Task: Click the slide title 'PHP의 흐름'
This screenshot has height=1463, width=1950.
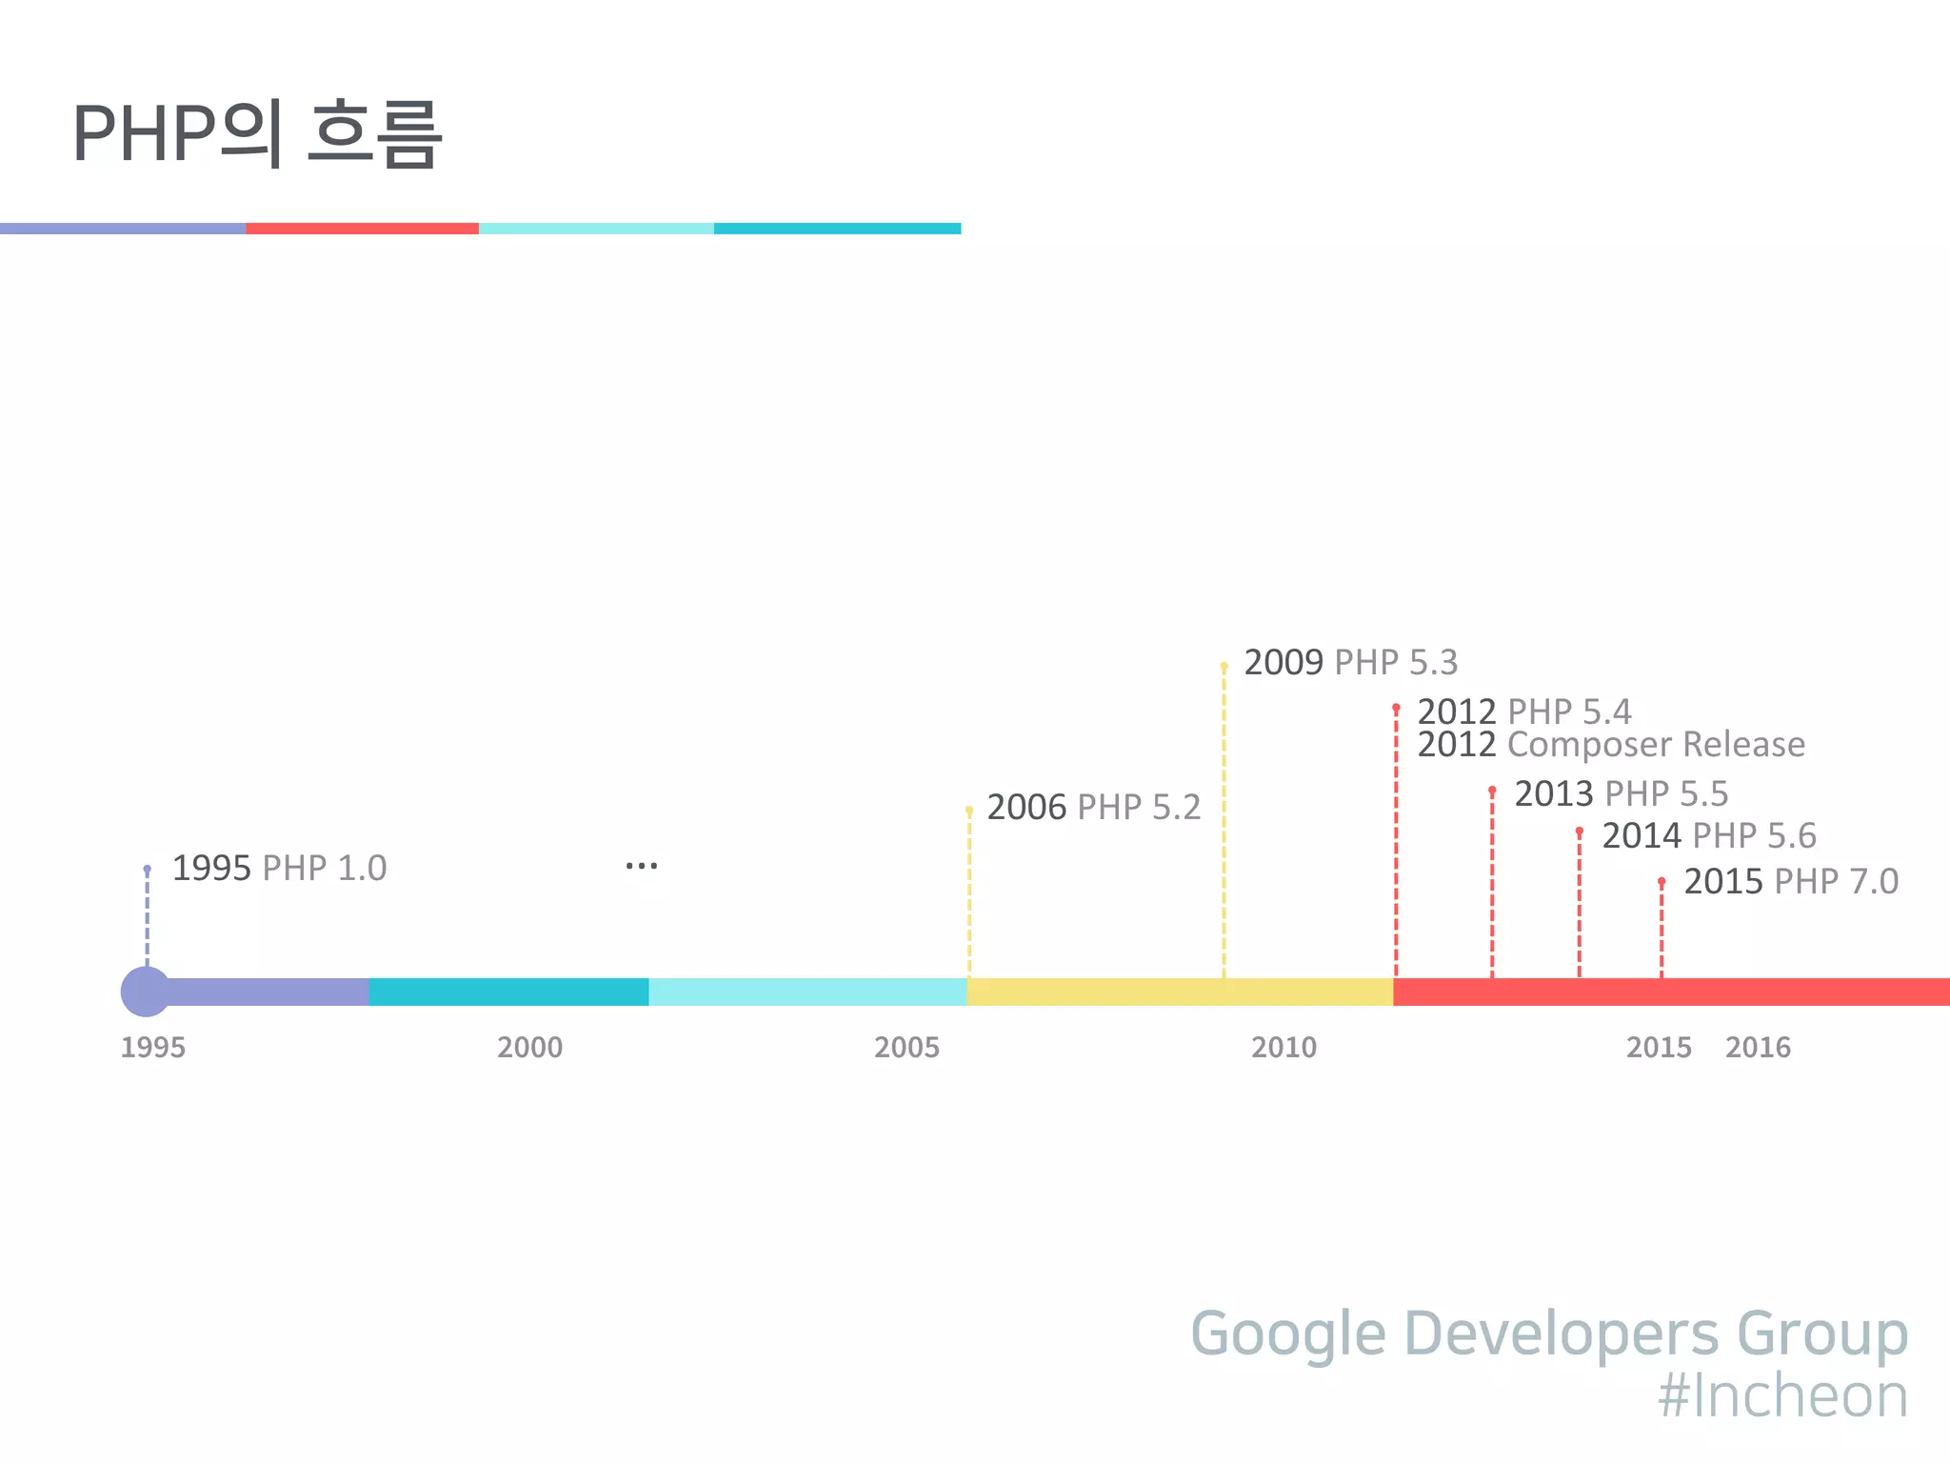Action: pyautogui.click(x=257, y=133)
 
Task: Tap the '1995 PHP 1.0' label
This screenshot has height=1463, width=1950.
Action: pyautogui.click(x=279, y=868)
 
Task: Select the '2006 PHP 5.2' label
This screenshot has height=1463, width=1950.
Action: pyautogui.click(x=1093, y=807)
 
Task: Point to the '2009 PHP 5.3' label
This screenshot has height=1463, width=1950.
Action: pyautogui.click(x=1350, y=662)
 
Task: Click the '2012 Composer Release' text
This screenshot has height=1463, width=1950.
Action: pyautogui.click(x=1610, y=744)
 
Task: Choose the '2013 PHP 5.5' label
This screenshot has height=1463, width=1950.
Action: pyautogui.click(x=1621, y=793)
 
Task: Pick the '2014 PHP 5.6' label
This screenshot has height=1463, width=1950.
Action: pyautogui.click(x=1708, y=835)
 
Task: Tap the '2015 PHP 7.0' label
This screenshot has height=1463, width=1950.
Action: pyautogui.click(x=1790, y=881)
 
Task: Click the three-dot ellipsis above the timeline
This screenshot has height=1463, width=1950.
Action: pyautogui.click(x=642, y=866)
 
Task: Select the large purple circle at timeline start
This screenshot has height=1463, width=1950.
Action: pyautogui.click(x=146, y=992)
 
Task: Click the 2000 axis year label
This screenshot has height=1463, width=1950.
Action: pyautogui.click(x=529, y=1047)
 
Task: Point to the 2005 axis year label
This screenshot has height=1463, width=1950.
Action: pyautogui.click(x=906, y=1047)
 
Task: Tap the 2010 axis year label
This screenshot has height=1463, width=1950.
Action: pyautogui.click(x=1283, y=1047)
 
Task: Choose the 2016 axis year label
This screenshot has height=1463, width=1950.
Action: pyautogui.click(x=1758, y=1047)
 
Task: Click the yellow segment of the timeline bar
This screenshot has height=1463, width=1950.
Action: pyautogui.click(x=1179, y=992)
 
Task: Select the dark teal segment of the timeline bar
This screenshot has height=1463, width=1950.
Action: pyautogui.click(x=508, y=992)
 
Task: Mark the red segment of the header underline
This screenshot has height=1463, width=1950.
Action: pyautogui.click(x=362, y=229)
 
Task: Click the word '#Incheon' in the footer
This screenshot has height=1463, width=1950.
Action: pyautogui.click(x=1782, y=1395)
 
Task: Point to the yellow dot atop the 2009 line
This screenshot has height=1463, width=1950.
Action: pyautogui.click(x=1224, y=666)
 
